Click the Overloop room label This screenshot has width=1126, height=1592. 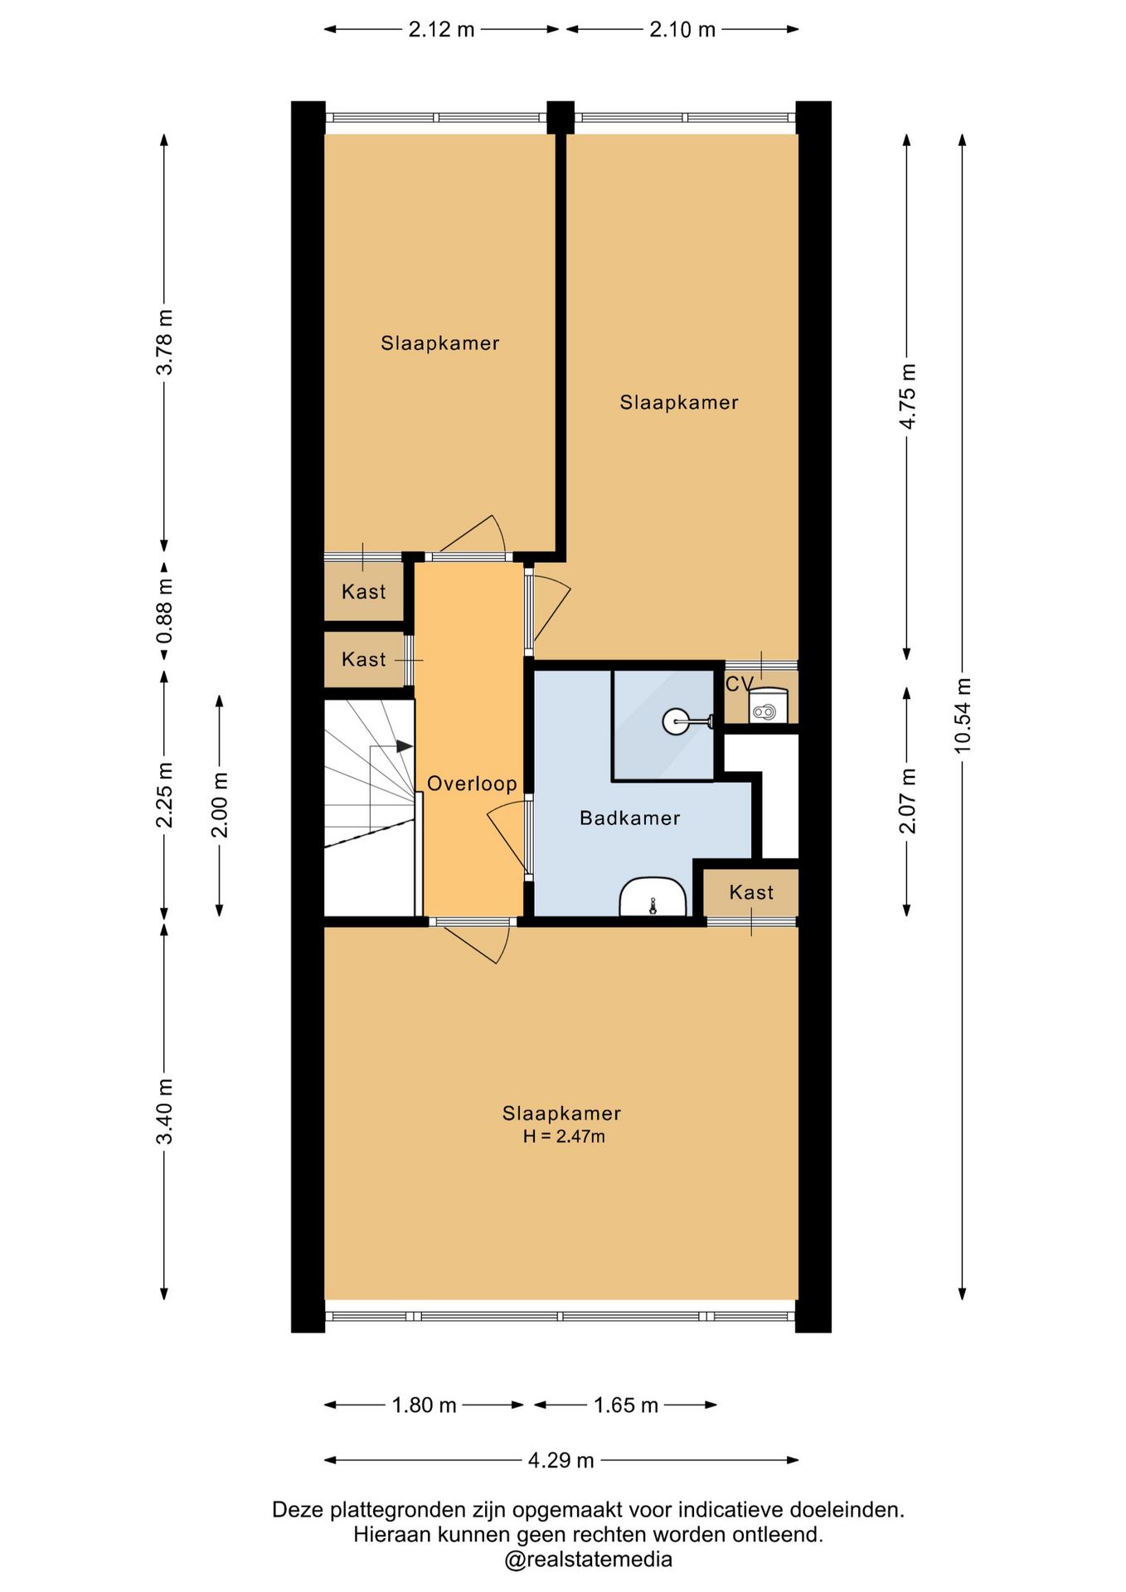coord(472,784)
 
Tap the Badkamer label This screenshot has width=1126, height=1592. coord(630,818)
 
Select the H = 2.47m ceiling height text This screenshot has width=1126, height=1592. coord(564,1137)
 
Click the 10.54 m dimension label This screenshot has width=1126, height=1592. coord(963,716)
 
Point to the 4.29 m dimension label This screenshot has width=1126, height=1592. coord(561,1460)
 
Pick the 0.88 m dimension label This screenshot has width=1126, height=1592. coord(165,611)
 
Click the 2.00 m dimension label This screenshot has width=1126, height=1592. coord(220,805)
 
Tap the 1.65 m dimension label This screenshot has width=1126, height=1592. coord(626,1405)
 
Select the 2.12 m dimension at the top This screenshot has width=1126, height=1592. coord(441,30)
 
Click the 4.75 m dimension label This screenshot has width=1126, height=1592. coord(908,396)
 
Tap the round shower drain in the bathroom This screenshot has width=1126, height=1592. coord(675,721)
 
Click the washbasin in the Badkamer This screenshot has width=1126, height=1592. coord(653,897)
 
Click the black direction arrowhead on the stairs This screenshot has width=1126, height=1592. coord(404,746)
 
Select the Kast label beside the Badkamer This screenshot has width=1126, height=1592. coord(751,892)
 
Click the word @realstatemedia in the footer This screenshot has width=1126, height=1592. coord(588,1560)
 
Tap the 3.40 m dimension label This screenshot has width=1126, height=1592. coord(165,1111)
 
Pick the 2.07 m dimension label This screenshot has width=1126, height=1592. coord(908,801)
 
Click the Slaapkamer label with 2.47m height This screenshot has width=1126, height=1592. coord(561,1114)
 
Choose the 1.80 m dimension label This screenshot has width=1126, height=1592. coord(424,1405)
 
